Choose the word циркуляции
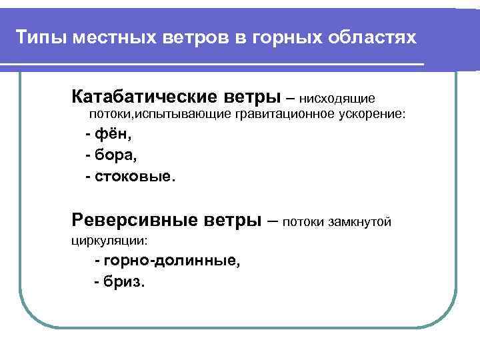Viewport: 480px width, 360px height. pos(108,240)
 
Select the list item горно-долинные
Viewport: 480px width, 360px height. pos(171,260)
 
